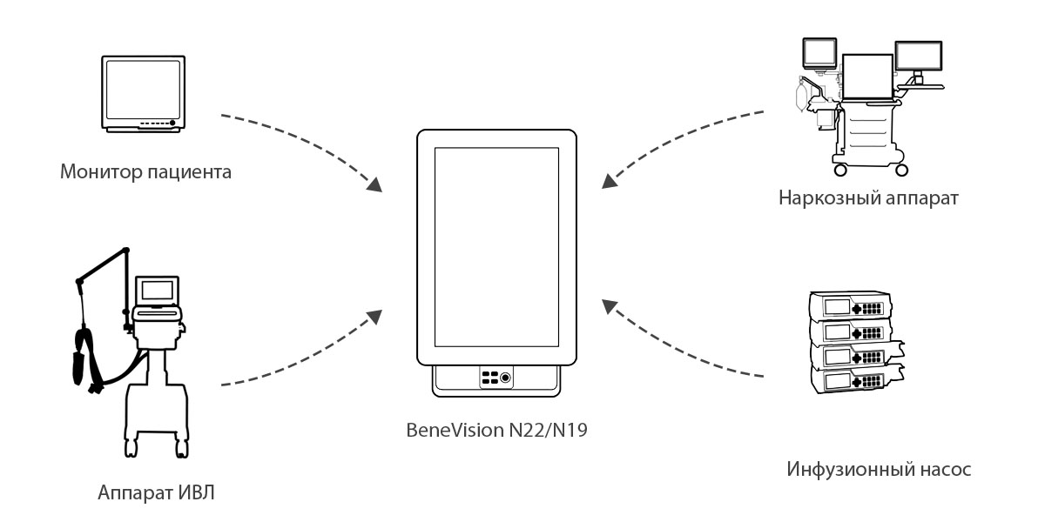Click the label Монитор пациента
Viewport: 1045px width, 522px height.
click(146, 171)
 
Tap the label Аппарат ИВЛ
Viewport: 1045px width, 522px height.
click(157, 493)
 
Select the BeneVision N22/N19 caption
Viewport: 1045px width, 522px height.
click(497, 429)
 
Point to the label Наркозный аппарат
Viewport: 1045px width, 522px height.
click(869, 198)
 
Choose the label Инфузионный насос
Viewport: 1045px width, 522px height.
click(879, 470)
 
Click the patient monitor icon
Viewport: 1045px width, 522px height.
click(143, 95)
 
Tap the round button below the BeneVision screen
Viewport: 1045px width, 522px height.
click(505, 378)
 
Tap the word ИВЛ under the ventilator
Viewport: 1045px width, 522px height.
click(197, 493)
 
